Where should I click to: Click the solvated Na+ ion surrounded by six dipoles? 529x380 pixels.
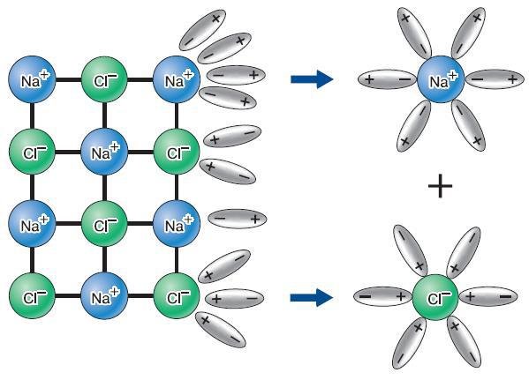click(x=441, y=79)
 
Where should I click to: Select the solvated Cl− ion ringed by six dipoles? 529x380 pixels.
click(x=435, y=297)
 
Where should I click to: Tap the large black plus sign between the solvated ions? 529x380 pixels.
click(x=440, y=185)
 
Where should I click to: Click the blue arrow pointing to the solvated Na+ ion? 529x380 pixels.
click(x=312, y=79)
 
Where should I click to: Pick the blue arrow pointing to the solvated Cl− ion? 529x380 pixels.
click(x=312, y=297)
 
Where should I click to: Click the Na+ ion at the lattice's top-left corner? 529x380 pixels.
click(x=32, y=79)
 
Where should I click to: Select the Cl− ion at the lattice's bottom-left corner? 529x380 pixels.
click(x=32, y=296)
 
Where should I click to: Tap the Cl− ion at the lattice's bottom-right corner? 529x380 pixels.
click(x=177, y=296)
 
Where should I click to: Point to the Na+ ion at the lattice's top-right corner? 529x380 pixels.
click(x=177, y=79)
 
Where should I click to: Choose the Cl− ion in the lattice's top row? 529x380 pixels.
click(x=104, y=79)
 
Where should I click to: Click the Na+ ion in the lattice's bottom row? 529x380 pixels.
click(x=104, y=296)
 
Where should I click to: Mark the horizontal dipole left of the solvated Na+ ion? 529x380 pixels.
click(x=388, y=79)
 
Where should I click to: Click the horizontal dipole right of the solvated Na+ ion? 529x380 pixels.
click(x=495, y=79)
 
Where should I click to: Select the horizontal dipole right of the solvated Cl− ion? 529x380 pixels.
click(x=487, y=296)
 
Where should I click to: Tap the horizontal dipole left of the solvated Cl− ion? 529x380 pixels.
click(x=383, y=296)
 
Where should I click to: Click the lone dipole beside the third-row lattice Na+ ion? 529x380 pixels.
click(x=238, y=219)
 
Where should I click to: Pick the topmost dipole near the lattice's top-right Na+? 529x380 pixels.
click(x=202, y=30)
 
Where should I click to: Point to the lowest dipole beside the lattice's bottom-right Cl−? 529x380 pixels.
click(x=221, y=330)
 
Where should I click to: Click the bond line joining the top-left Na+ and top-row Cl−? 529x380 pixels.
click(x=69, y=80)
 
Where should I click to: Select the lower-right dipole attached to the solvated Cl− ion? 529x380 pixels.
click(x=464, y=342)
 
